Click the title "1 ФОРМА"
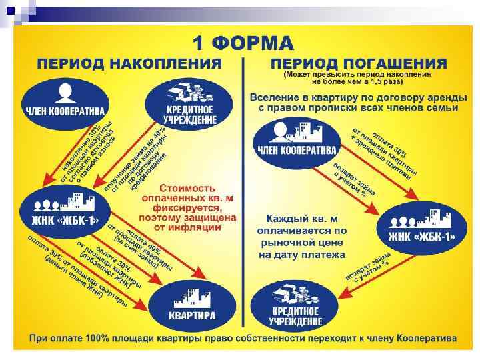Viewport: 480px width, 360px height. (243, 43)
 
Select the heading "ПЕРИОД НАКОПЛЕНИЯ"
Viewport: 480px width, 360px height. (129, 64)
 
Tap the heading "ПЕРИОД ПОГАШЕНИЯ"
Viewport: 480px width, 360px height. (359, 64)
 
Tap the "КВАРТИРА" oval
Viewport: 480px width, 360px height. (191, 306)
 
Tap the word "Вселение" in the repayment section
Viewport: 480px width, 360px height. (275, 97)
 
